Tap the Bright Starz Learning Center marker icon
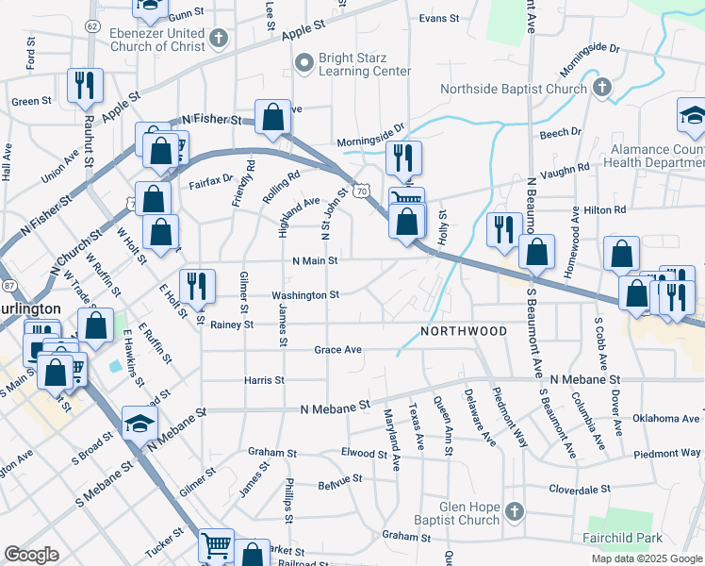[x=303, y=63]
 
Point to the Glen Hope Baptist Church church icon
[x=514, y=512]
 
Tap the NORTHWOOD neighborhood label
[x=464, y=331]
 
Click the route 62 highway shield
[x=91, y=25]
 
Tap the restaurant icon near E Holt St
[x=197, y=285]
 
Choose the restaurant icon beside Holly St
[x=503, y=228]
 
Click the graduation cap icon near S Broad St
[x=139, y=424]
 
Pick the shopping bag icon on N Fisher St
[x=272, y=117]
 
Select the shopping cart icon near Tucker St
[x=217, y=545]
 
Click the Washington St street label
[x=305, y=295]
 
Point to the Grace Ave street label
[x=338, y=349]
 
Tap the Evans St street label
[x=438, y=18]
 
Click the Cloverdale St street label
[x=581, y=489]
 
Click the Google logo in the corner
[x=31, y=555]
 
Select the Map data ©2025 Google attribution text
[x=647, y=558]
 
